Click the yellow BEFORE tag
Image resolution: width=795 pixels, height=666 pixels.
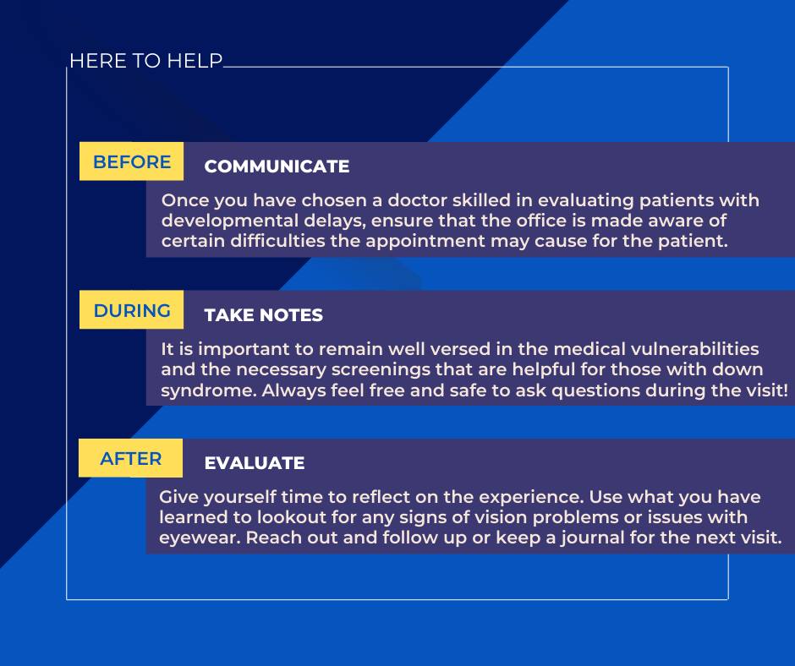coord(131,161)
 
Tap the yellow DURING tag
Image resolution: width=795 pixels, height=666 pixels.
coord(131,309)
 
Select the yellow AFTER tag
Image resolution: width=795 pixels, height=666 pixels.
coord(130,458)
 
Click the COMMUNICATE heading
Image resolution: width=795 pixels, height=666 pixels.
coord(277,166)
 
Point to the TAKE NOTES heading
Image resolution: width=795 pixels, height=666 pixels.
coord(264,315)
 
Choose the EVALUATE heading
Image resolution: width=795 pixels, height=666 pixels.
coord(255,463)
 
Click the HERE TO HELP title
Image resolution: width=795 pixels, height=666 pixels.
coord(146,61)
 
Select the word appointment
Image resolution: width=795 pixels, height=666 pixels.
coord(425,241)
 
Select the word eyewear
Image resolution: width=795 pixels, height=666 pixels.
coord(200,538)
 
